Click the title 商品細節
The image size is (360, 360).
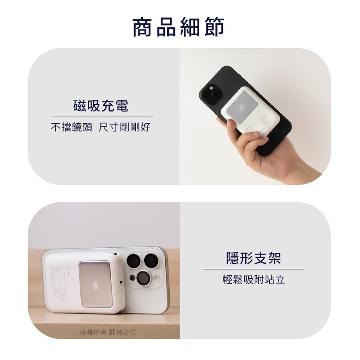point(179,27)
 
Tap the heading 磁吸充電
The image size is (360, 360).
point(100,106)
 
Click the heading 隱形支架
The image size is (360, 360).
point(253,258)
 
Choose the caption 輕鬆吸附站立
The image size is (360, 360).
point(253,280)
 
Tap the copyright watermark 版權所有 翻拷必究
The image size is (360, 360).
point(108,332)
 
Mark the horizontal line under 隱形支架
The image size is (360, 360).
point(253,269)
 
